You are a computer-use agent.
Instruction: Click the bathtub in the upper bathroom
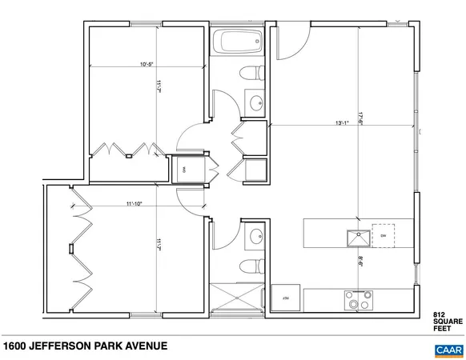click(238, 42)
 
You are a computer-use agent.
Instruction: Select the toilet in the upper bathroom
click(255, 74)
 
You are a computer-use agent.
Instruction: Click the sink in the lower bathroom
click(255, 236)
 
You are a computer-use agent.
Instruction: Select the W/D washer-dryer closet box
click(184, 170)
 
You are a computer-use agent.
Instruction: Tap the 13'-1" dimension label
click(343, 123)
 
